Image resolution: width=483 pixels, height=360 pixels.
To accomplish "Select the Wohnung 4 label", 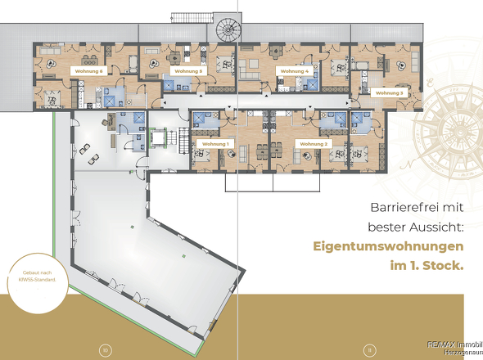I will (x=295, y=71).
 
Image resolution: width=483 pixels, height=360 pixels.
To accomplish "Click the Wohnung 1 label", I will (x=215, y=143).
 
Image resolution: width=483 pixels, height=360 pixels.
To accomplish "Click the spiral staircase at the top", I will (x=223, y=29).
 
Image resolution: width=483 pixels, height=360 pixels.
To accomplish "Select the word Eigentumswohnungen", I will (x=388, y=246).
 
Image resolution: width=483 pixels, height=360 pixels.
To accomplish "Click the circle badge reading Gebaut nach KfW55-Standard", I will (x=34, y=277).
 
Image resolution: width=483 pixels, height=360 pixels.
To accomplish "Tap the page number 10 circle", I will (x=105, y=350).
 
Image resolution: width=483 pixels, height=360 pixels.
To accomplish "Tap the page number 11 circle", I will (x=369, y=350).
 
